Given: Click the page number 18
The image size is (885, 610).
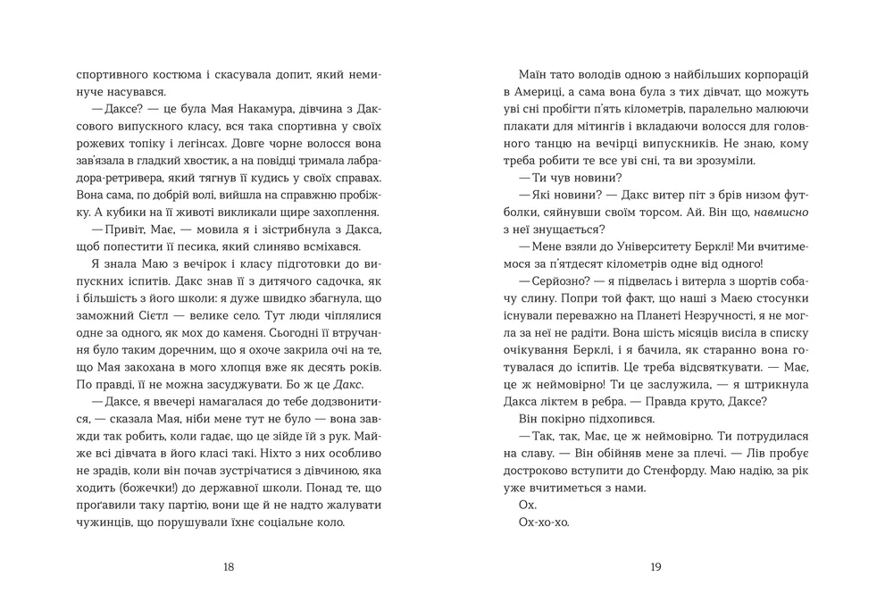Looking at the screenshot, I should pos(229,566).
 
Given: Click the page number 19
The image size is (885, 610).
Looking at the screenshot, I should pos(655,566).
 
